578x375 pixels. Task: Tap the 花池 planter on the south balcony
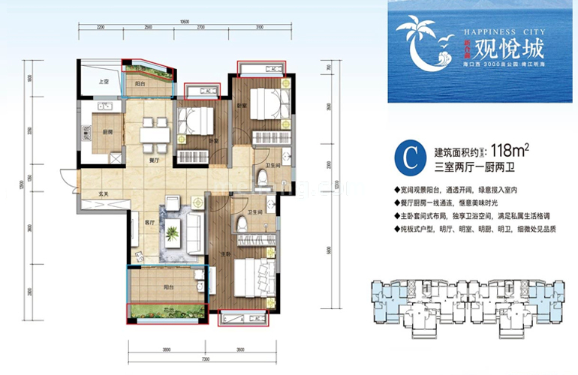166,310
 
